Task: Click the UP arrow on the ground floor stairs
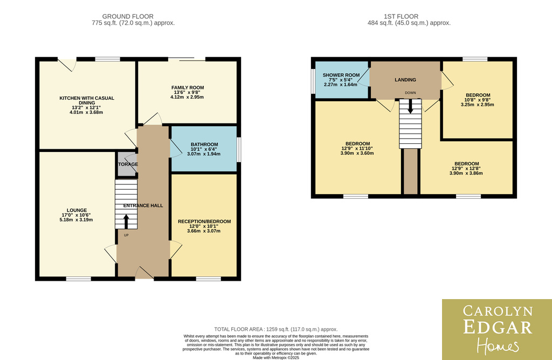tap(126, 221)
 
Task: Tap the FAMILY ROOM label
tap(188, 88)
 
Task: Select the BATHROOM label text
tap(204, 144)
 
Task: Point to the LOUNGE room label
tap(77, 210)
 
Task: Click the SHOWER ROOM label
tap(341, 75)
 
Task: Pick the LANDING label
tap(405, 80)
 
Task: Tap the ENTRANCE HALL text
tap(143, 205)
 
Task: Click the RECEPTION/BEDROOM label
tap(204, 221)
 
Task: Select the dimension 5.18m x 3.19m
tap(77, 220)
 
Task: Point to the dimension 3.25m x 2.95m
tap(478, 105)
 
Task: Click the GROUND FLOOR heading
tap(128, 16)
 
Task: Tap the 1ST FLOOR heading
tap(401, 16)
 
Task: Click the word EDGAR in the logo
tap(498, 327)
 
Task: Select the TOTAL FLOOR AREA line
tap(275, 329)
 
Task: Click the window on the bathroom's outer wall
tap(239, 150)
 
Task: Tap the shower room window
tap(313, 81)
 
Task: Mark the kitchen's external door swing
tap(67, 64)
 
